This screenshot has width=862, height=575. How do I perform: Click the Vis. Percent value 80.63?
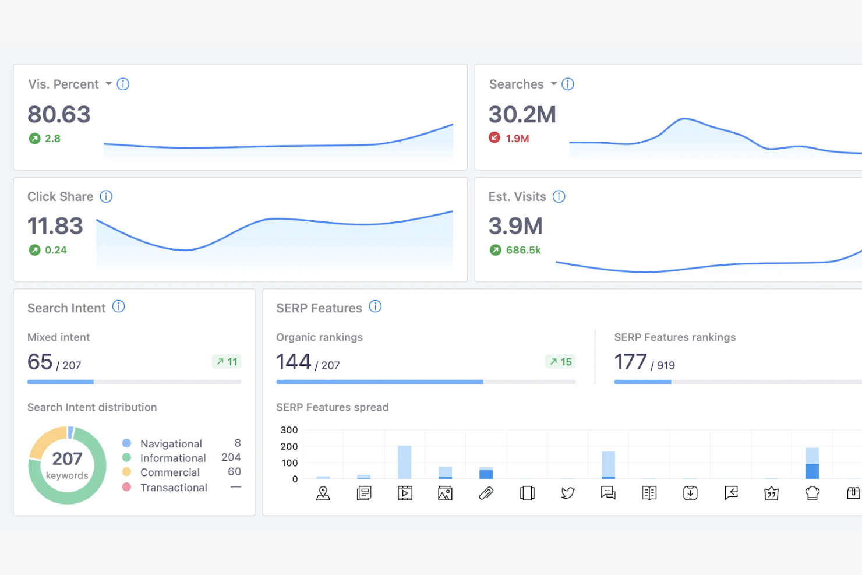pyautogui.click(x=59, y=115)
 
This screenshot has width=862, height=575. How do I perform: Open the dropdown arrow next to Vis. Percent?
pyautogui.click(x=108, y=84)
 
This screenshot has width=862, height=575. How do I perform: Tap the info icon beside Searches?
pyautogui.click(x=568, y=84)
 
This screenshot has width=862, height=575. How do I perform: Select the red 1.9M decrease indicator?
pyautogui.click(x=509, y=138)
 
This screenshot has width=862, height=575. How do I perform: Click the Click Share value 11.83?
pyautogui.click(x=55, y=226)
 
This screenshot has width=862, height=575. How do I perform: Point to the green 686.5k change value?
pyautogui.click(x=523, y=250)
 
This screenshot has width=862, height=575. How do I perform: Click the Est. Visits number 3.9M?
pyautogui.click(x=515, y=226)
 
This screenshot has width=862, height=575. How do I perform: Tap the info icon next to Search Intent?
pyautogui.click(x=119, y=306)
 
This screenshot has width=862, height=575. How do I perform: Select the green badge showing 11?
pyautogui.click(x=227, y=362)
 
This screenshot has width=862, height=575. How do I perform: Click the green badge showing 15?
pyautogui.click(x=560, y=362)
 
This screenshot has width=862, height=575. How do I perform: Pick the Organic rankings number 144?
pyautogui.click(x=294, y=362)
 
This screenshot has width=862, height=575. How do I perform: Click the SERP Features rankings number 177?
pyautogui.click(x=630, y=362)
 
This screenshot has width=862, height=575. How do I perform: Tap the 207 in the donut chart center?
pyautogui.click(x=67, y=459)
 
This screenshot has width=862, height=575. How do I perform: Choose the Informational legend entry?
pyautogui.click(x=173, y=458)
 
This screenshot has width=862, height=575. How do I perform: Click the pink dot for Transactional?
pyautogui.click(x=126, y=487)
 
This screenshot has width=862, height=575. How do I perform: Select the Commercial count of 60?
pyautogui.click(x=234, y=471)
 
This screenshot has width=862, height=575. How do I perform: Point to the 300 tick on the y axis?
pyautogui.click(x=289, y=430)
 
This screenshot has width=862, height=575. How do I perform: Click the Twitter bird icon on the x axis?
pyautogui.click(x=568, y=493)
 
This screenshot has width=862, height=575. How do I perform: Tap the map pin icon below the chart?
pyautogui.click(x=323, y=493)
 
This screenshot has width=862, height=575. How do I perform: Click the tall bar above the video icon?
pyautogui.click(x=405, y=462)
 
